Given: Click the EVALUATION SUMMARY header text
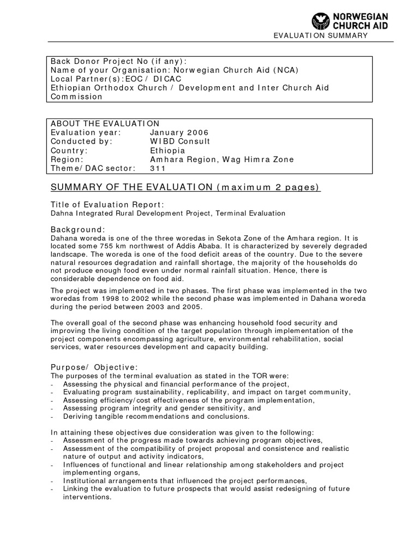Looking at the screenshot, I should (x=321, y=35).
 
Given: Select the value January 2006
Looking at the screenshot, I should (x=179, y=133).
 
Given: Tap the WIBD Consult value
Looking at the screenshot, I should (x=180, y=141).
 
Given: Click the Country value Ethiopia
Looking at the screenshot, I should (x=167, y=151).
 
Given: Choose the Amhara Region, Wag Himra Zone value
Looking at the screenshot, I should (x=222, y=159).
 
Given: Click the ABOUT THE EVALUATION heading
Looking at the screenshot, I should (x=105, y=123).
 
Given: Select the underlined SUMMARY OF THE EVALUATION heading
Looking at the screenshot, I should (x=185, y=188).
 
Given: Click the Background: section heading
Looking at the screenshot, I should (x=78, y=229).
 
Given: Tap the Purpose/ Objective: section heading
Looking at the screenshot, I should (x=94, y=367).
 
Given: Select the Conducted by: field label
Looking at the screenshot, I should (x=82, y=141).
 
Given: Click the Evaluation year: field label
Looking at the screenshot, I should (x=86, y=133).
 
